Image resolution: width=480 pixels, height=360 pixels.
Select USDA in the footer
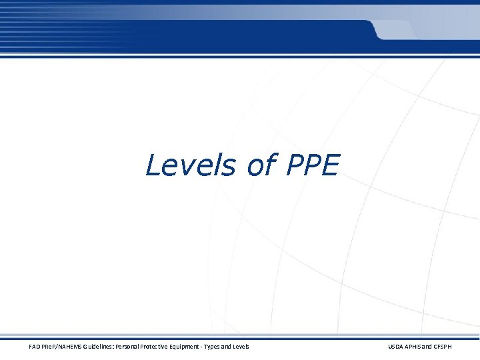[395, 346]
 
